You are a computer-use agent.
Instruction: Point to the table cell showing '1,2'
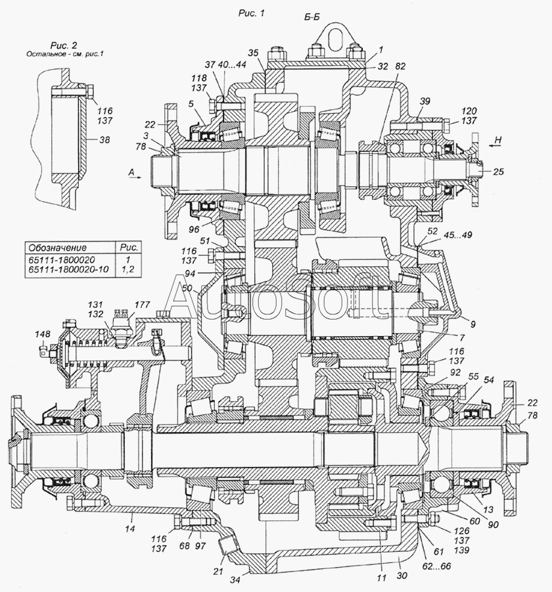[129, 270]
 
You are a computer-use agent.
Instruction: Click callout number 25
[499, 172]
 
